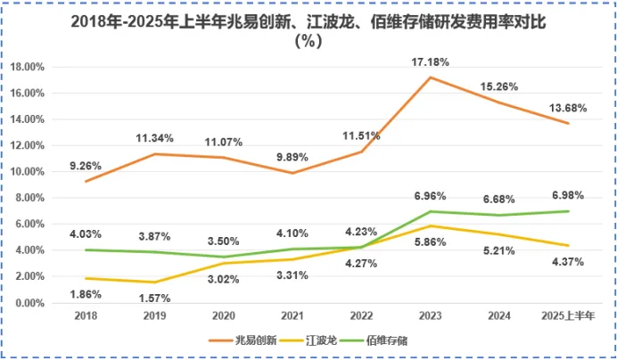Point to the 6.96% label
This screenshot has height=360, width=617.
432,194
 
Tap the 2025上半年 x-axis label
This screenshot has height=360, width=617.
569,316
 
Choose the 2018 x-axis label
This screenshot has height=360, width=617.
86,316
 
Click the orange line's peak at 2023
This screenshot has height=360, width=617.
432,78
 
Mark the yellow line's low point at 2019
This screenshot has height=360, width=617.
155,282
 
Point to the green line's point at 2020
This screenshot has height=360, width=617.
224,257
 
